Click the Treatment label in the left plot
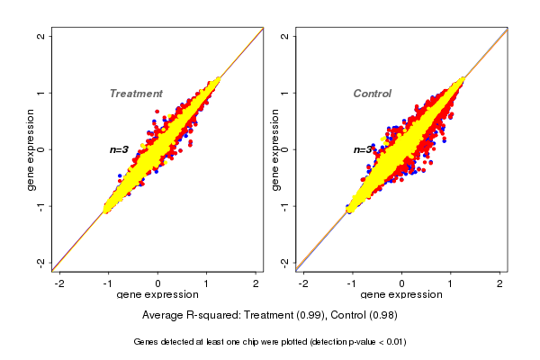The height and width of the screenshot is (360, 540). click(136, 94)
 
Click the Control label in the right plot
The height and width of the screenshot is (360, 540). click(372, 94)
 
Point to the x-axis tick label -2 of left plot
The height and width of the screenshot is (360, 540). click(59, 284)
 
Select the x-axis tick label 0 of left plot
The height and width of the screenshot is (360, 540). click(157, 284)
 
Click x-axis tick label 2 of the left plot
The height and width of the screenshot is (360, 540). click(256, 284)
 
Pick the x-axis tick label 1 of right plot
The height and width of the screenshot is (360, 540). click(451, 284)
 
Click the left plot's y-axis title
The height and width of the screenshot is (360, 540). click(31, 149)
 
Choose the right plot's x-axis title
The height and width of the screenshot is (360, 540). click(401, 295)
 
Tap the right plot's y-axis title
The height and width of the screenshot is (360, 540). click(274, 149)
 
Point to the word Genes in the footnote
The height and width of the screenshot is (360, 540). click(147, 342)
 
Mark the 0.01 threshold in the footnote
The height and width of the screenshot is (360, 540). click(393, 342)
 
